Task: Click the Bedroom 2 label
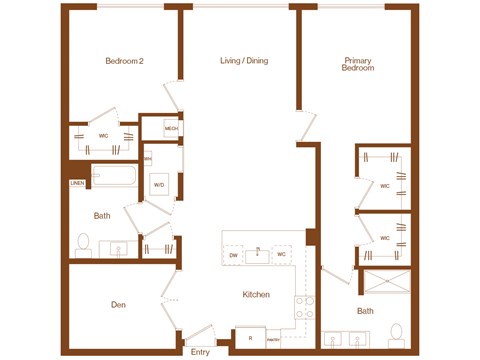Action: pos(126,61)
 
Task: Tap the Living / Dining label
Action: pos(244,61)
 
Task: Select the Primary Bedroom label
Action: pos(357,64)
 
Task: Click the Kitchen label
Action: pos(256,295)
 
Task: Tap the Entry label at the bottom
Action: pos(200,351)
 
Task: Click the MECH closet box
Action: pos(171,129)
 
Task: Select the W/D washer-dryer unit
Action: pos(159,186)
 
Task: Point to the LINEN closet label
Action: pos(77,183)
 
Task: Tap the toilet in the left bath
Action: pos(83,244)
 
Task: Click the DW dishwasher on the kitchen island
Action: pos(234,255)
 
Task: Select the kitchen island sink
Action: pos(258,253)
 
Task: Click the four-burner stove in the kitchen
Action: pos(304,308)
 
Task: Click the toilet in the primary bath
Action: pos(396,331)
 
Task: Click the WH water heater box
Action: pos(147,158)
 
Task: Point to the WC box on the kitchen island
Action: pos(282,255)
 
